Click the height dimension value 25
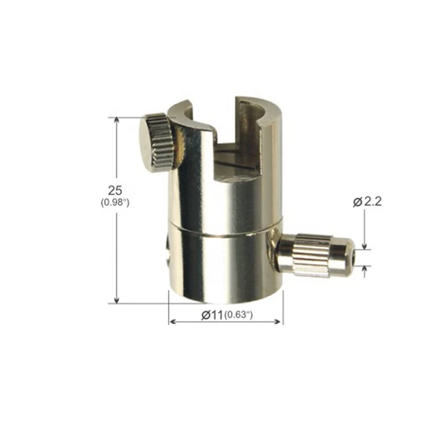pyautogui.click(x=115, y=189)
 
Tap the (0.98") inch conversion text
pyautogui.click(x=115, y=202)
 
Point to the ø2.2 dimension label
pyautogui.click(x=367, y=202)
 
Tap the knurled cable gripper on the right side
pyautogui.click(x=313, y=255)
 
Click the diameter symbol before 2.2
pyautogui.click(x=357, y=202)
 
